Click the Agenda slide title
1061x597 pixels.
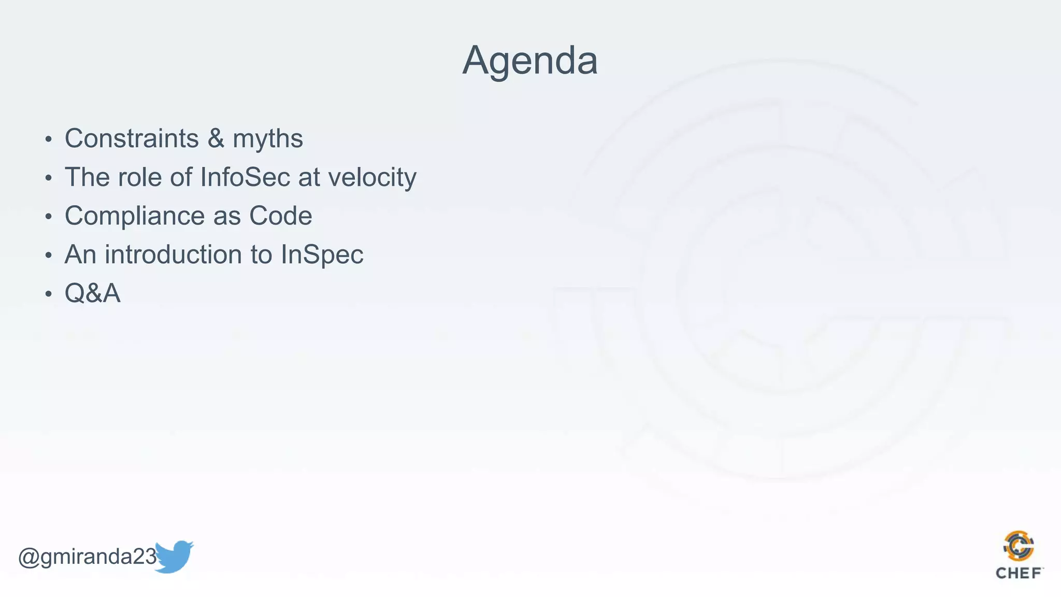point(529,61)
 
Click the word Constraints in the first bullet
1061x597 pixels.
point(132,139)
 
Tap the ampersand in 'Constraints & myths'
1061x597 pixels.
point(216,139)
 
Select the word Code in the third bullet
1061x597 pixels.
point(280,216)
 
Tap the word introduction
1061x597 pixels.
point(188,255)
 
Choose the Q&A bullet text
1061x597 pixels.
point(92,294)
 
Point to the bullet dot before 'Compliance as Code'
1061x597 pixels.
point(48,217)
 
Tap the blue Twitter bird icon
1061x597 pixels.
point(174,557)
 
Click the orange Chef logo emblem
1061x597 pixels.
point(1019,546)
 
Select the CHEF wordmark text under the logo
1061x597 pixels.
point(1019,573)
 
